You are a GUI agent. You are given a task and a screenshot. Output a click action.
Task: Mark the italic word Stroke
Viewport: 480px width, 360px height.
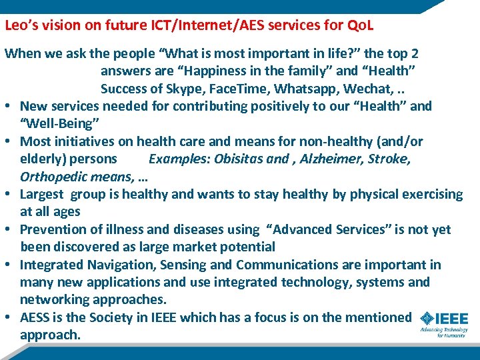[389, 159]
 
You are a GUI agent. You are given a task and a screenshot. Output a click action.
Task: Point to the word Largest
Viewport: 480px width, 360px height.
[41, 194]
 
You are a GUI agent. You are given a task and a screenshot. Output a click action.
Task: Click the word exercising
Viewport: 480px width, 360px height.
[430, 194]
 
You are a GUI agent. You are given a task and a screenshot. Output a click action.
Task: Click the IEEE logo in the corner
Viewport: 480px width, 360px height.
[444, 323]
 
